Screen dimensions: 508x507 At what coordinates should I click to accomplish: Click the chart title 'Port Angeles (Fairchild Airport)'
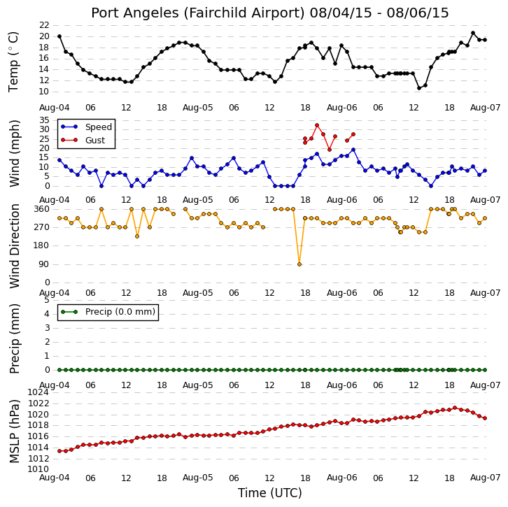pos(198,13)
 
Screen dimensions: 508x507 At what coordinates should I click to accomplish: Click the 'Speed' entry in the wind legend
pos(99,127)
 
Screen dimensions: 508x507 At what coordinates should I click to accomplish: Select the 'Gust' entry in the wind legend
pos(95,140)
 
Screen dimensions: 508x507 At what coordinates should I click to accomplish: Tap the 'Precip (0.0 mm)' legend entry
pos(120,312)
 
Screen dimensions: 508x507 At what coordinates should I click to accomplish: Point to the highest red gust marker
pos(317,125)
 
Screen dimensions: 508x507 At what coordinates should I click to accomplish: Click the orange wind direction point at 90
pos(299,264)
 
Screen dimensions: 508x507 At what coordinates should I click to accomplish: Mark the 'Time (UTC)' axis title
pos(270,493)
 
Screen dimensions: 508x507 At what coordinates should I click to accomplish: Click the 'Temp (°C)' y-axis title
pos(13,62)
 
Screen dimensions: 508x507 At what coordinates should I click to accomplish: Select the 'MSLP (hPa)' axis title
pos(14,431)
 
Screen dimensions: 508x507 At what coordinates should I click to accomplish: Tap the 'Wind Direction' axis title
pos(14,246)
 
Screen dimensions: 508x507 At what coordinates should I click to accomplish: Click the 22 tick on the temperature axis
pos(44,25)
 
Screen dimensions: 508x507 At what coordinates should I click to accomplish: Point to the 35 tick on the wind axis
pos(44,120)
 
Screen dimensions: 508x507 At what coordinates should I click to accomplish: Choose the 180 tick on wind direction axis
pos(42,245)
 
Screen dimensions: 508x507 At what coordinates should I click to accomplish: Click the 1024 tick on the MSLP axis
pos(38,392)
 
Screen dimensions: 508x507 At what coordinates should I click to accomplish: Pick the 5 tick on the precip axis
pos(47,300)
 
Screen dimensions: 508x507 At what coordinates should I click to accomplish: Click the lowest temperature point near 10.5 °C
pos(419,88)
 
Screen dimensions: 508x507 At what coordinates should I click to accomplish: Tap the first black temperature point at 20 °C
pos(59,36)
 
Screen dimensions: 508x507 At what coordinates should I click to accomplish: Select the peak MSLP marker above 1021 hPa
pos(455,408)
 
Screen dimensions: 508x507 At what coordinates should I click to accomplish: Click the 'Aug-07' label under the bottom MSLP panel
pos(486,478)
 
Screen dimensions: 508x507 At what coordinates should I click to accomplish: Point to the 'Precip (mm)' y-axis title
pos(14,338)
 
